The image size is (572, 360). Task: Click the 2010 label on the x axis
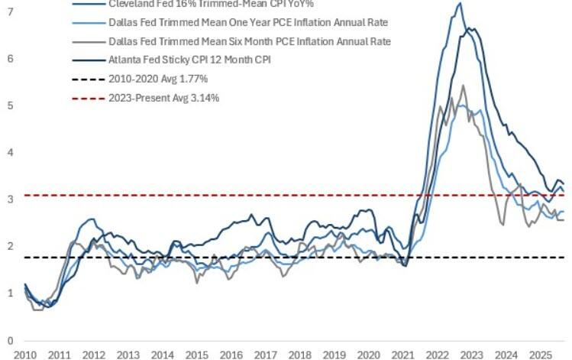(x=24, y=355)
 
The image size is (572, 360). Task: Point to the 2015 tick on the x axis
(x=196, y=355)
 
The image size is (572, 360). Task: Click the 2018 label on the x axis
(x=299, y=355)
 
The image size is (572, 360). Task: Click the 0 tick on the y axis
(x=9, y=340)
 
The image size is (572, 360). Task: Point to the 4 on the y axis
(x=9, y=152)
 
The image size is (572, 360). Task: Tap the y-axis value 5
(x=9, y=105)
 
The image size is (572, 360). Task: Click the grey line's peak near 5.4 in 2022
(x=463, y=85)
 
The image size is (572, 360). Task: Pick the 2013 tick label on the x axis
(x=128, y=355)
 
